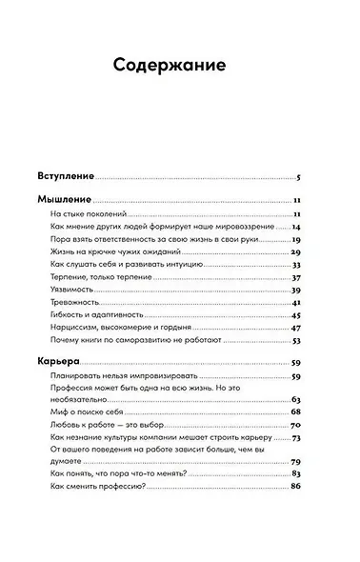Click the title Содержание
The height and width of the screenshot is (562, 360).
(170, 66)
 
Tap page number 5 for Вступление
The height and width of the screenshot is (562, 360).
(298, 178)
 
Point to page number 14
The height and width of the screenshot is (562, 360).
(296, 228)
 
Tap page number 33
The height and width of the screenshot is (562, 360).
(296, 265)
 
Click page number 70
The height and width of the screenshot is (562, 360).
(296, 424)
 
